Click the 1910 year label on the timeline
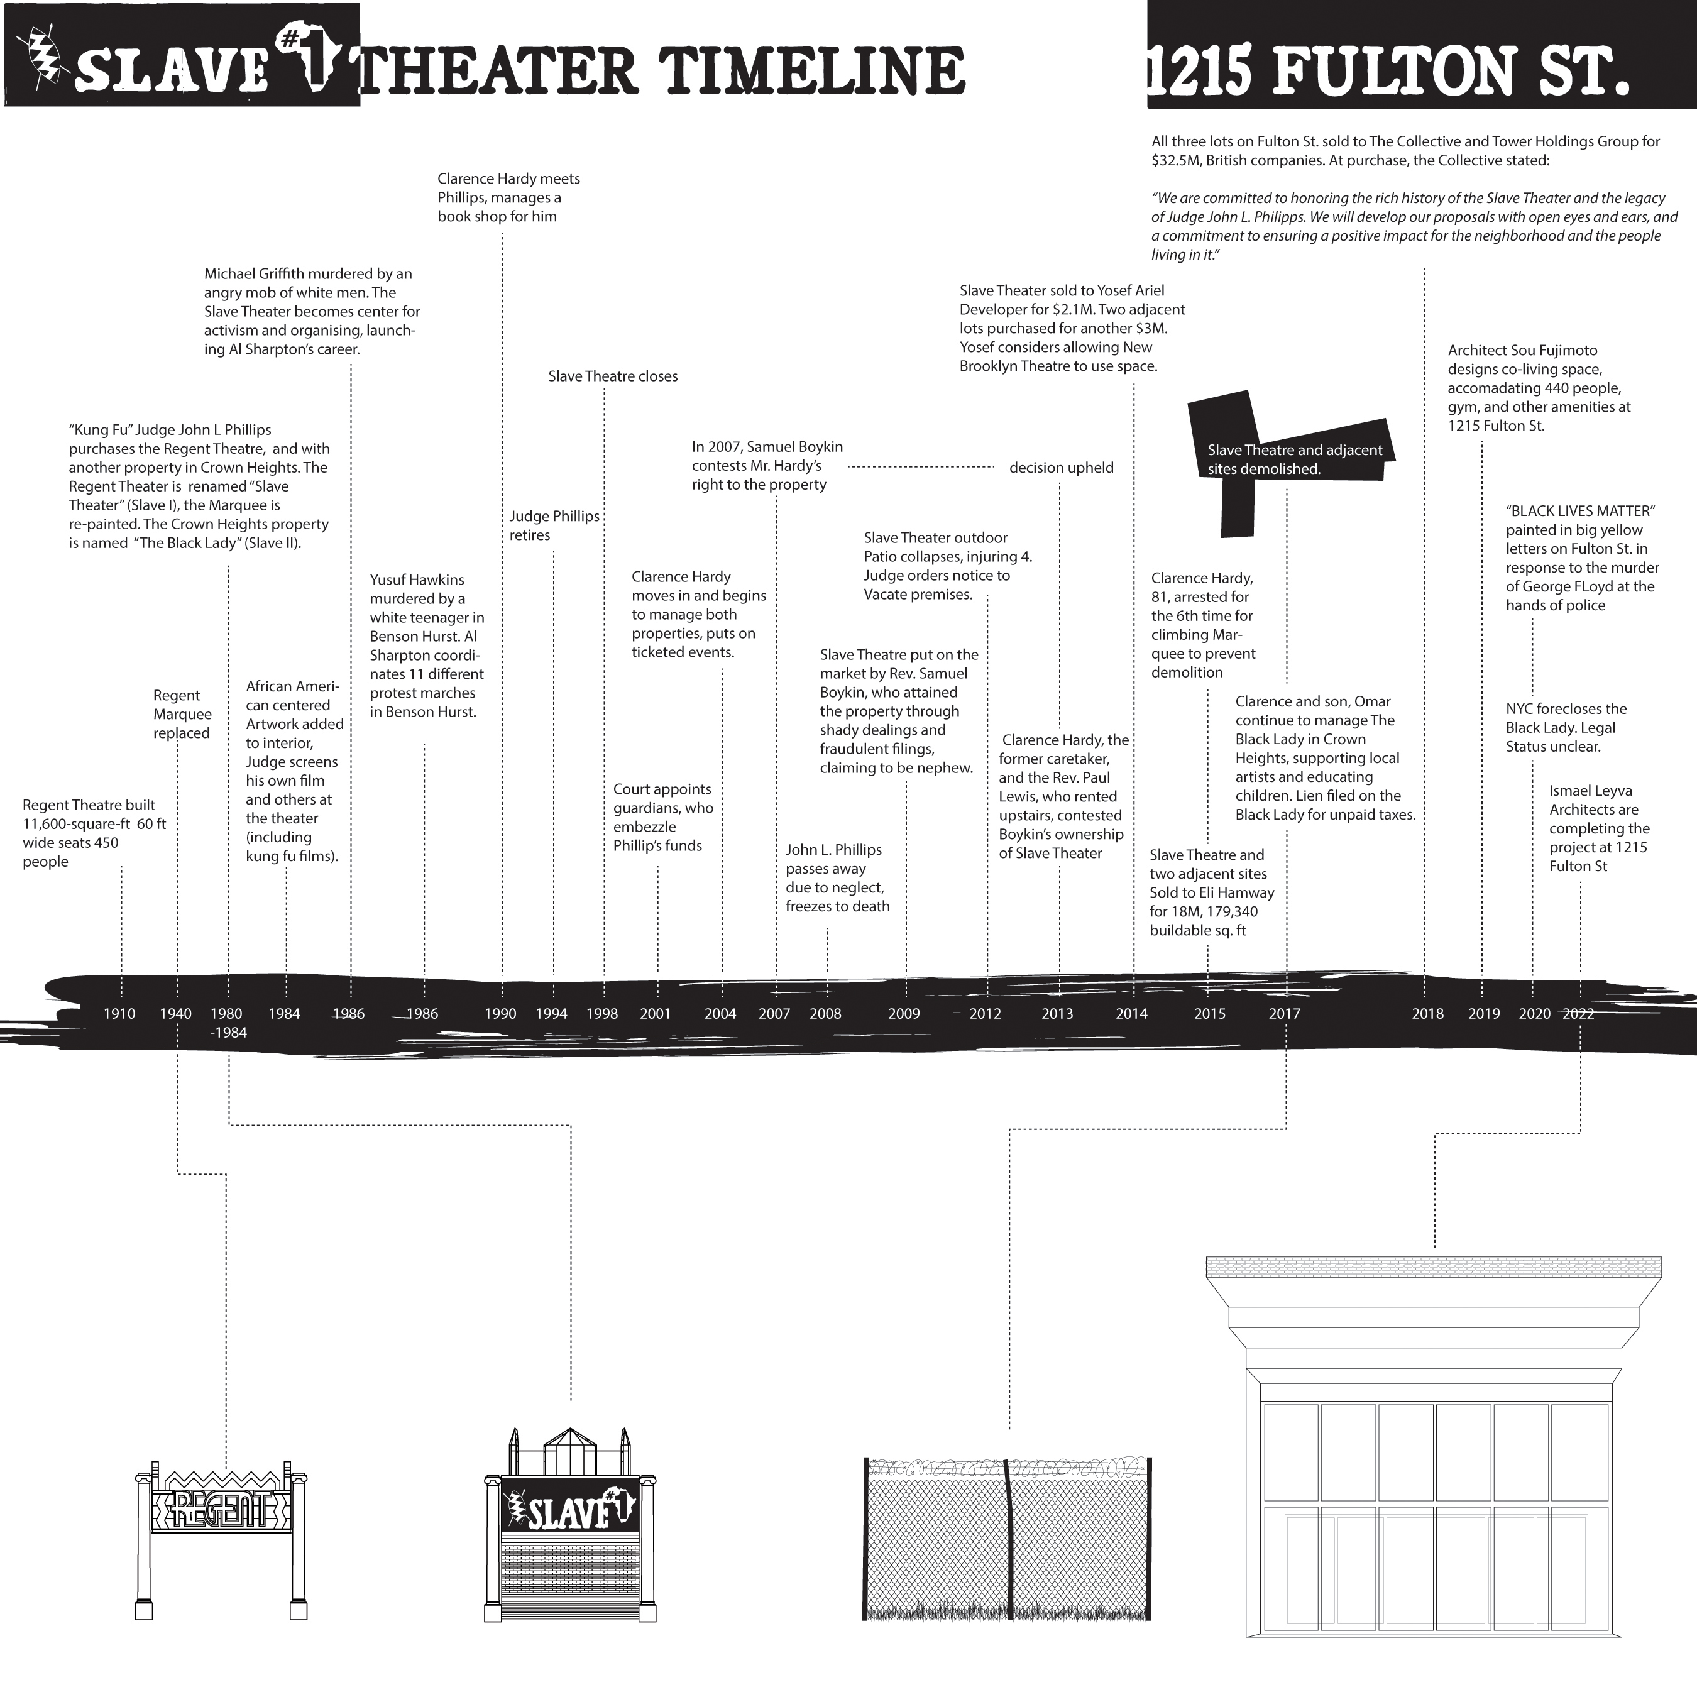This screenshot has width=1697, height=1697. coord(119,1014)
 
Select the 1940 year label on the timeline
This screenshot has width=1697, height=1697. coord(176,1014)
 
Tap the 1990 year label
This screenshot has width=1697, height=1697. coord(501,1014)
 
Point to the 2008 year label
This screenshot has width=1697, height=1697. coord(826,1014)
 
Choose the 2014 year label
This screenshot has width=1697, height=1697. coord(1131,1014)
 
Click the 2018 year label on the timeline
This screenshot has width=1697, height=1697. coord(1427,1014)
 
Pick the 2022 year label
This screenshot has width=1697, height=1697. coord(1578,1014)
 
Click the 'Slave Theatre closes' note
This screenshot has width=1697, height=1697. coord(613,376)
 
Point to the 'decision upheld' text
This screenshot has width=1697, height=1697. coord(1061,467)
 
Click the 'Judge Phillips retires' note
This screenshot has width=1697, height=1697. coord(554,525)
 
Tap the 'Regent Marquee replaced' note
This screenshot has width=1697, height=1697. coord(182,714)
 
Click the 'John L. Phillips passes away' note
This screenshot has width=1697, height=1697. coord(837,877)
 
